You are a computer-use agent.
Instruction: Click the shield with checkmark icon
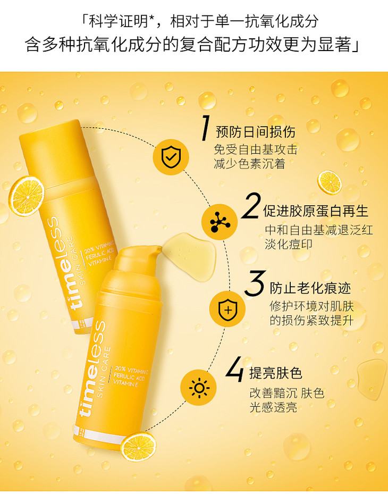point(171,157)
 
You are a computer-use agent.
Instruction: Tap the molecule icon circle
point(220,222)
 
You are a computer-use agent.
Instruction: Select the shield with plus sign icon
point(227,308)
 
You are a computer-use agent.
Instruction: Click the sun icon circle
point(199,387)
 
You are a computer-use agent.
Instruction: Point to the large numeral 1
point(205,128)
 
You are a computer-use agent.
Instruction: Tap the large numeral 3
point(255,283)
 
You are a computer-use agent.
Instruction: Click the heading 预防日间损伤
point(256,132)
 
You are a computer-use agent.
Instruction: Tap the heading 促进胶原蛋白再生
point(316,211)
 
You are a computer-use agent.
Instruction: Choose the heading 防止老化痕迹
point(310,288)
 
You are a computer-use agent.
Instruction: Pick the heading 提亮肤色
point(276,373)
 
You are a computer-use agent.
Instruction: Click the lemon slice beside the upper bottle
point(26,196)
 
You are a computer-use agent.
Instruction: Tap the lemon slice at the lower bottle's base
point(139,447)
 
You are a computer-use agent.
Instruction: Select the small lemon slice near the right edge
point(330,182)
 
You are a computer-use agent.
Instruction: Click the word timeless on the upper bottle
point(68,263)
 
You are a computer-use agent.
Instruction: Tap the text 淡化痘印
point(289,244)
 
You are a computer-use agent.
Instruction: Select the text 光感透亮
point(274,407)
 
